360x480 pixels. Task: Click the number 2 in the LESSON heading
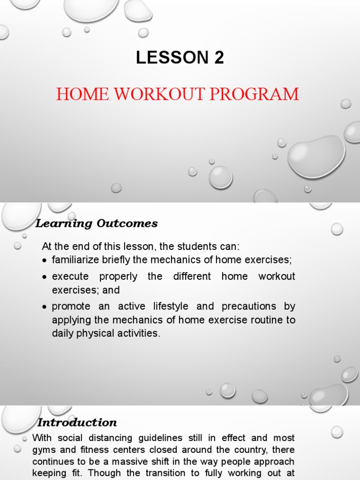218,58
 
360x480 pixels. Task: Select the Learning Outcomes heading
97,224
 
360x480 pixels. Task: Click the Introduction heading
77,422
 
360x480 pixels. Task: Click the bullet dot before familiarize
45,260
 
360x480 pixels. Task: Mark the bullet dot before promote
45,307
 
